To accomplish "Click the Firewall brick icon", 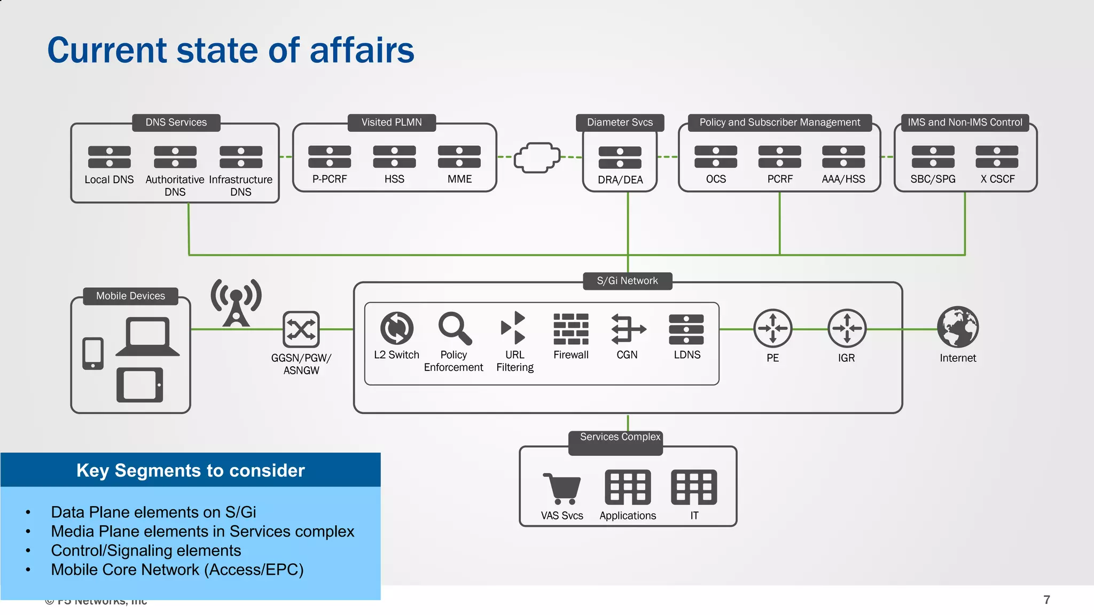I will tap(571, 328).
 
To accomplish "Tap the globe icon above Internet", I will tap(958, 327).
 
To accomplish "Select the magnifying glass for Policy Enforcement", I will tap(454, 328).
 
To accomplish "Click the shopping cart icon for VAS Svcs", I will tap(561, 488).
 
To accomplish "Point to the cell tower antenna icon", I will tap(236, 302).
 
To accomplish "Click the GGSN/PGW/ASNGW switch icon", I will tap(301, 329).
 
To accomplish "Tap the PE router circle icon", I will tap(772, 328).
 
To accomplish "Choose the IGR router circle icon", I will tap(847, 328).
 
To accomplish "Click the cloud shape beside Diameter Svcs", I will tap(537, 157).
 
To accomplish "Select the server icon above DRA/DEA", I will tap(620, 157).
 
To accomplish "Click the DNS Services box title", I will tap(176, 122).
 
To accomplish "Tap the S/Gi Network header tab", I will tap(627, 281).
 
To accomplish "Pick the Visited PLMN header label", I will tap(391, 122).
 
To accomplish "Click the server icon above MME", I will tap(459, 157).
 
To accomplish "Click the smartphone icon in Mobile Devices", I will tap(93, 353).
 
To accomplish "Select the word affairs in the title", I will tap(362, 50).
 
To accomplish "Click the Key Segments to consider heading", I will tap(190, 470).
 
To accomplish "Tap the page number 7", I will tap(1046, 600).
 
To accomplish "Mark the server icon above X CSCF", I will tap(997, 157).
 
